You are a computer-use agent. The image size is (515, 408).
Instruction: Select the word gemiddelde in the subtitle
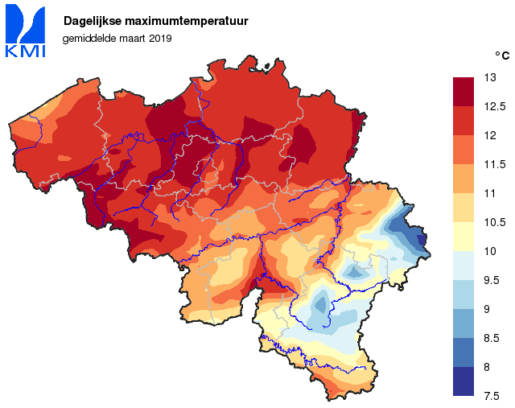pos(89,38)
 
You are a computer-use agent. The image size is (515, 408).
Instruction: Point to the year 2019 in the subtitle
pos(160,38)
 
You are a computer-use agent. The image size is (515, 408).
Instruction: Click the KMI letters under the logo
pos(25,52)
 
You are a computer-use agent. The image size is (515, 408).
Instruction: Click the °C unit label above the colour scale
pos(501,56)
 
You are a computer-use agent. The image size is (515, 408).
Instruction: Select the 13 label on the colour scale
pos(489,77)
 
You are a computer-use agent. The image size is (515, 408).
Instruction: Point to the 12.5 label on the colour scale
pos(493,106)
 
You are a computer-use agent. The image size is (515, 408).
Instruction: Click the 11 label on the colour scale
pos(489,193)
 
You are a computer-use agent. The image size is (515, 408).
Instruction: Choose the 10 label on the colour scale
pos(489,251)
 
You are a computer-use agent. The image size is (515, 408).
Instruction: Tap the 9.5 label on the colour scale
pos(492,280)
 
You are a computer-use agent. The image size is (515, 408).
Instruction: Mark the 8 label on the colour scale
pos(487,367)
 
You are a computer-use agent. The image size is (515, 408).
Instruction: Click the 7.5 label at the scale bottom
pos(492,395)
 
